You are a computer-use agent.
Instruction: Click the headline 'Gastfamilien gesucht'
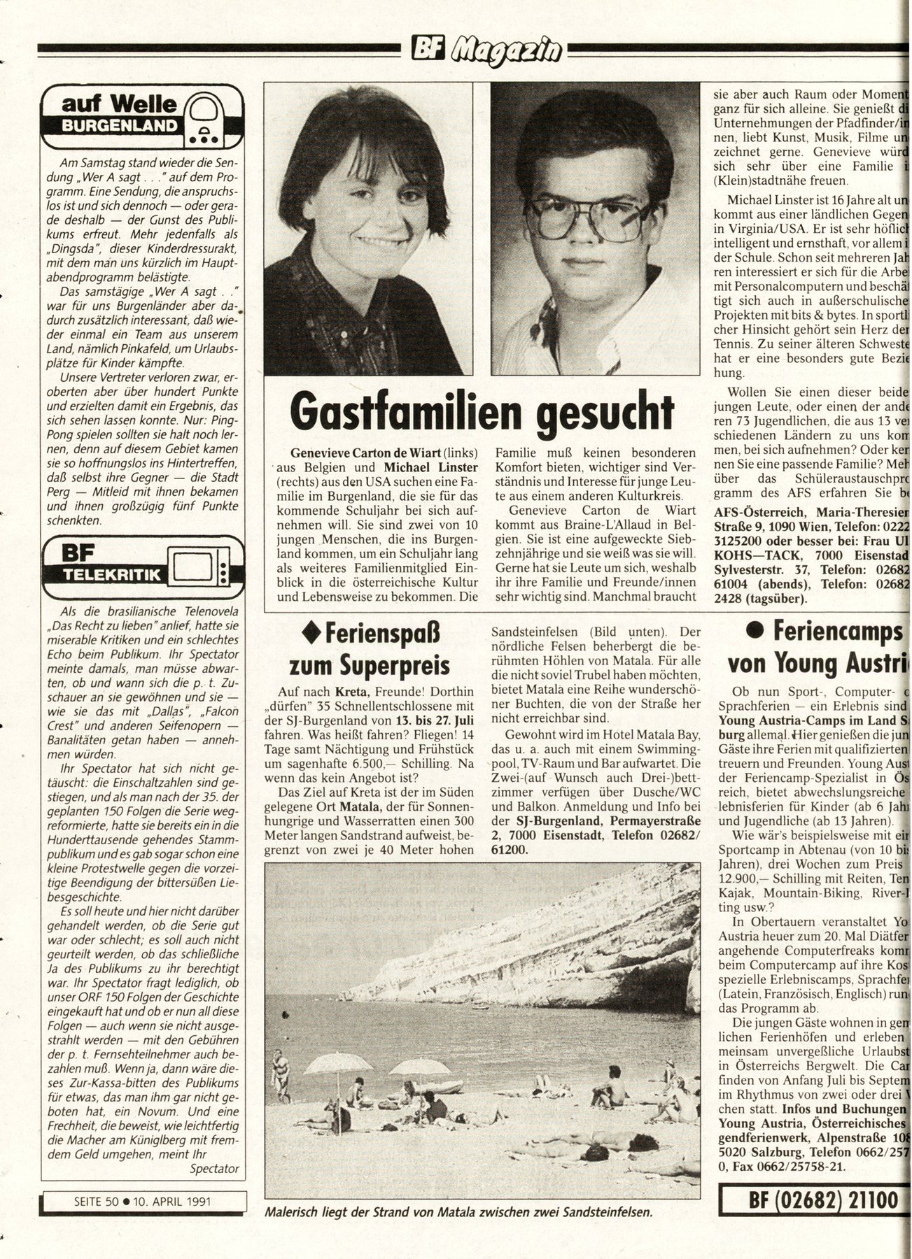482,413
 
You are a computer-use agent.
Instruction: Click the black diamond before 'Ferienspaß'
311,633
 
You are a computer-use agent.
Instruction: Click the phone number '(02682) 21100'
822,1201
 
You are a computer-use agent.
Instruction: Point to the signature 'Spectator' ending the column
214,1168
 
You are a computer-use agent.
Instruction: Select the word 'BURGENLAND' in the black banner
119,127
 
